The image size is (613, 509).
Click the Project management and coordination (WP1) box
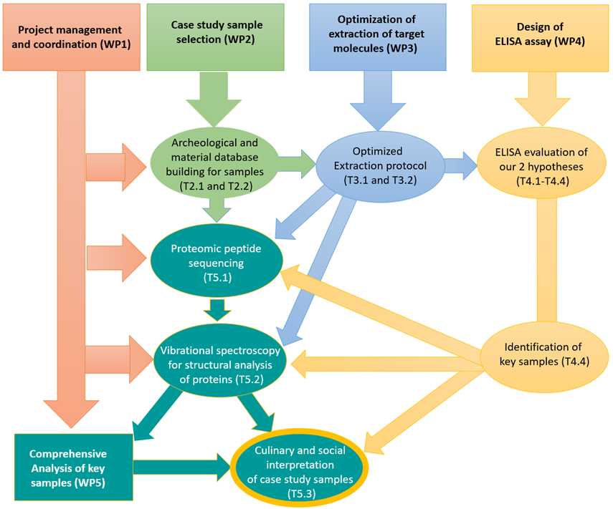(x=71, y=37)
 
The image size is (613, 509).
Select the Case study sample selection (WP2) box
(x=215, y=37)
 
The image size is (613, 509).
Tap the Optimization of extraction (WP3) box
(x=378, y=37)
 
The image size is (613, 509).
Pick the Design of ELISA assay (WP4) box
(x=541, y=37)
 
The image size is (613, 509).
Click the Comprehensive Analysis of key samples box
(x=74, y=467)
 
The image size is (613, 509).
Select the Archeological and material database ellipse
(x=214, y=165)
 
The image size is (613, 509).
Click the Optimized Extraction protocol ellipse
(x=380, y=165)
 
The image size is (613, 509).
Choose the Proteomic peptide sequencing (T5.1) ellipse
(x=217, y=262)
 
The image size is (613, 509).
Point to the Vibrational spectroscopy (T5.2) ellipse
(x=220, y=364)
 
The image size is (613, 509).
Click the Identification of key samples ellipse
(x=544, y=354)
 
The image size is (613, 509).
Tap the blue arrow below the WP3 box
(x=378, y=101)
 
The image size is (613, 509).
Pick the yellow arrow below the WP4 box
(x=542, y=99)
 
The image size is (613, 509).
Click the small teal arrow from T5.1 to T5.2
(x=217, y=310)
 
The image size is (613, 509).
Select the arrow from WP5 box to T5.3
(x=183, y=467)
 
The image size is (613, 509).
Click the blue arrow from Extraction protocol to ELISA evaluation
(x=461, y=166)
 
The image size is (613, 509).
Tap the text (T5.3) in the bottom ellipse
(x=301, y=494)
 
